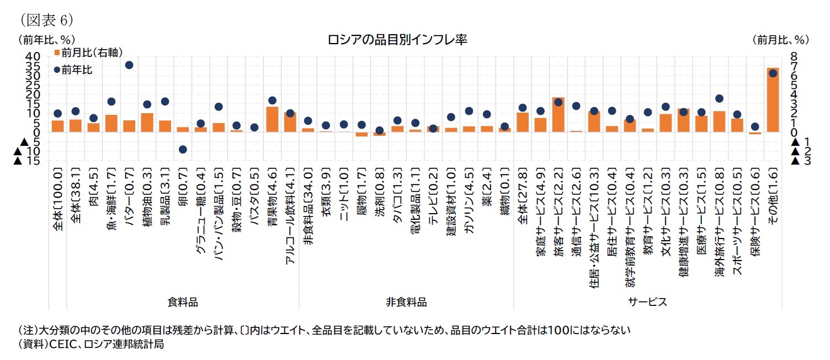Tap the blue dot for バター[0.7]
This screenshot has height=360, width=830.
pos(129,65)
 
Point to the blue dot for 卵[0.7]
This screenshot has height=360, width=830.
pos(183,150)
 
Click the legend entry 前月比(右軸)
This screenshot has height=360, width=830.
pos(88,52)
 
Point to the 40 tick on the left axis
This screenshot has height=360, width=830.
pos(33,56)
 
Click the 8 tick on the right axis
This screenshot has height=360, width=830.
pos(794,56)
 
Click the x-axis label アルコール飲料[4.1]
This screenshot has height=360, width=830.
pos(290,221)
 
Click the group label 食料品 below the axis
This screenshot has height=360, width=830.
pos(183,302)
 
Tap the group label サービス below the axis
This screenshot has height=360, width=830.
pos(647,302)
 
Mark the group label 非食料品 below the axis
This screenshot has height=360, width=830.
pos(406,302)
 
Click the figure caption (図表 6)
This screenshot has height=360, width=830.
pos(46,20)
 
